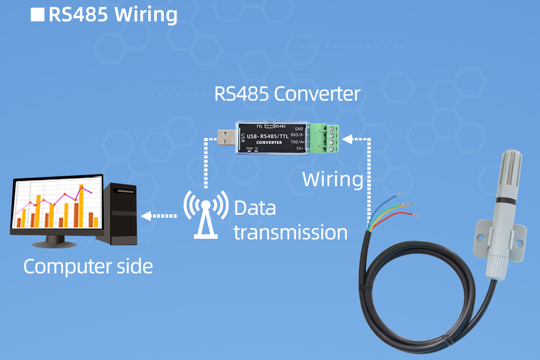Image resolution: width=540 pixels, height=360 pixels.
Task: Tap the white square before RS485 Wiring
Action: coord(37,14)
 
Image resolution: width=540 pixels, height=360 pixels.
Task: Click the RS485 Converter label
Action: coord(287,94)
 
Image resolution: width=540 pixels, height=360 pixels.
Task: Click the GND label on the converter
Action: coord(299,128)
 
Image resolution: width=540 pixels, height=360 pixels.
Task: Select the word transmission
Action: coord(290,232)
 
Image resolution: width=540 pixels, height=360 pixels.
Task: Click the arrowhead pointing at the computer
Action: coord(145,215)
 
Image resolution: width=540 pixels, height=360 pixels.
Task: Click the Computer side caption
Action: coord(88,266)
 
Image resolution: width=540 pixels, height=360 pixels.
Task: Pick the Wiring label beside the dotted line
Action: coord(332,179)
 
